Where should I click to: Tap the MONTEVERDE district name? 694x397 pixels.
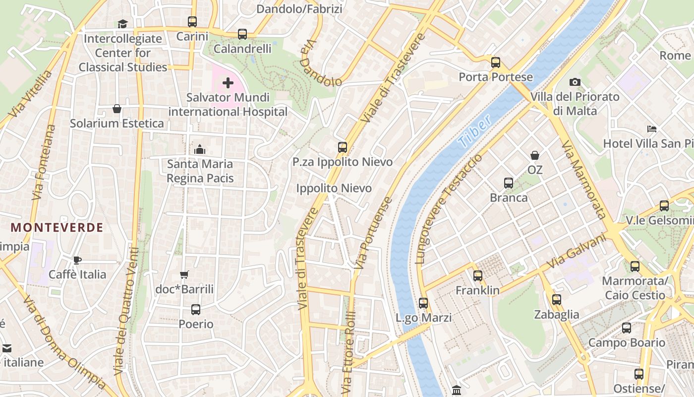click(57, 228)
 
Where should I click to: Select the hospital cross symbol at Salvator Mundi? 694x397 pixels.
click(228, 82)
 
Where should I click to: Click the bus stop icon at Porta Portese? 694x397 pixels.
click(495, 63)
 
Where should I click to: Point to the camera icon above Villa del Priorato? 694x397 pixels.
click(575, 82)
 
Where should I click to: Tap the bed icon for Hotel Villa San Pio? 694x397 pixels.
click(652, 129)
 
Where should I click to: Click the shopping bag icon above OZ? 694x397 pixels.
click(535, 155)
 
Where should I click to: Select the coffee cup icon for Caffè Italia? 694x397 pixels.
click(77, 260)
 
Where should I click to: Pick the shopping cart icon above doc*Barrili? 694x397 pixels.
click(184, 274)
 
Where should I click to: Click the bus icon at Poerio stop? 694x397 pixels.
click(196, 310)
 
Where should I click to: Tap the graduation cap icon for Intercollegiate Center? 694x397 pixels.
click(122, 24)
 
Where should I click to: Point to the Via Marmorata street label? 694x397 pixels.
click(584, 179)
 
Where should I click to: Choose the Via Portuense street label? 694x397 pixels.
click(374, 233)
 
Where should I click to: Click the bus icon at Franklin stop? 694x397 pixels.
click(478, 276)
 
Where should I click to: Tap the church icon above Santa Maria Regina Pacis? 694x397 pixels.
click(200, 149)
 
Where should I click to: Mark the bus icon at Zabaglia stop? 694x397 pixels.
click(557, 300)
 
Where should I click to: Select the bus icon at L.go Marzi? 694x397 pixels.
click(423, 303)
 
